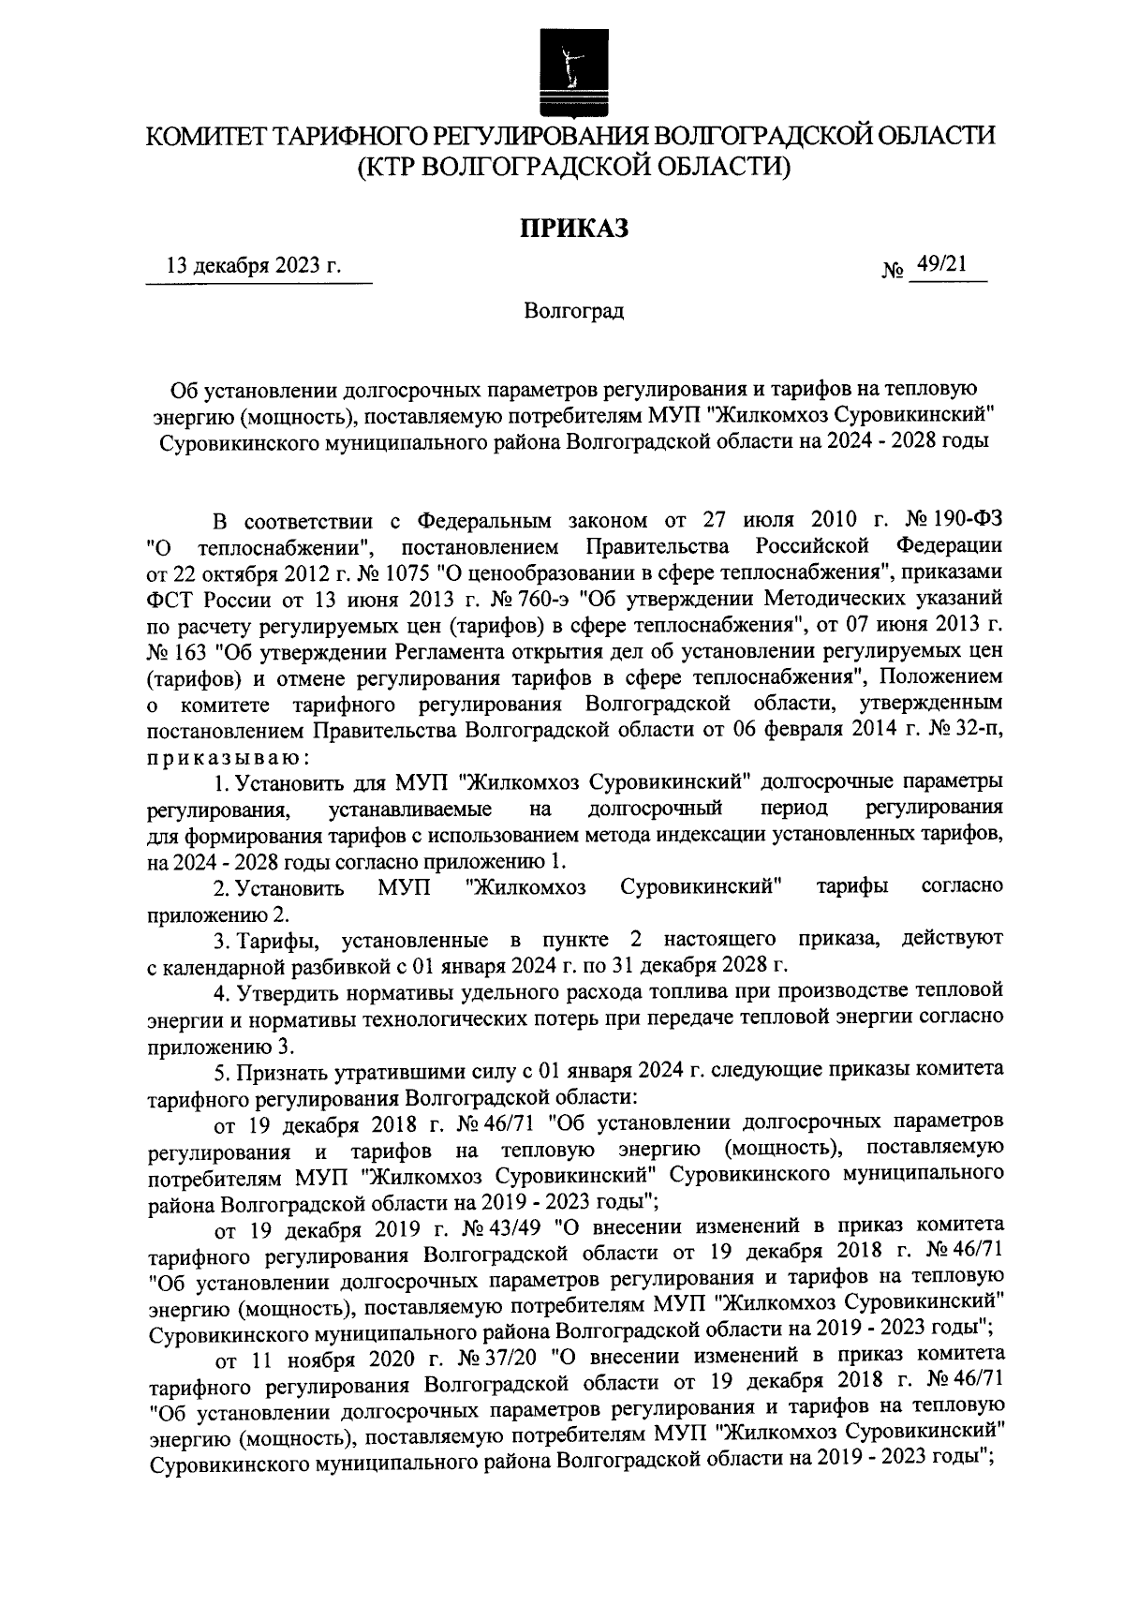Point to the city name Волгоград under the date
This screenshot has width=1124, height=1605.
pyautogui.click(x=573, y=310)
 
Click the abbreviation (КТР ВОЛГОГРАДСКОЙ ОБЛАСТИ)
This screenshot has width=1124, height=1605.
pyautogui.click(x=572, y=167)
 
